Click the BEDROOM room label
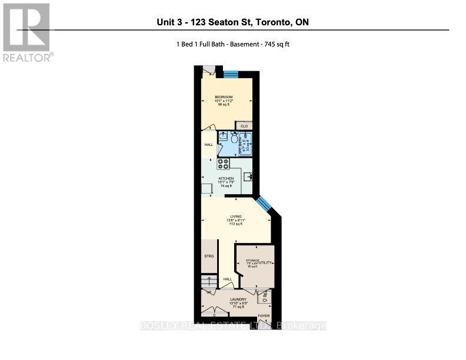[224, 97]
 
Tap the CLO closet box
[244, 126]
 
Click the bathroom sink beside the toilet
[222, 136]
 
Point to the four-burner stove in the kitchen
[224, 164]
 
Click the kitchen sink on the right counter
[248, 176]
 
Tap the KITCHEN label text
[226, 178]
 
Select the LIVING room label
[236, 216]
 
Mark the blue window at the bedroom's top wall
[230, 74]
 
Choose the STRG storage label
[208, 256]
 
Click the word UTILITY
[265, 262]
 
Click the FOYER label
[264, 316]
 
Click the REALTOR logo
[27, 32]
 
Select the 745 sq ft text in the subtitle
[276, 44]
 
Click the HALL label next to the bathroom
[208, 145]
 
